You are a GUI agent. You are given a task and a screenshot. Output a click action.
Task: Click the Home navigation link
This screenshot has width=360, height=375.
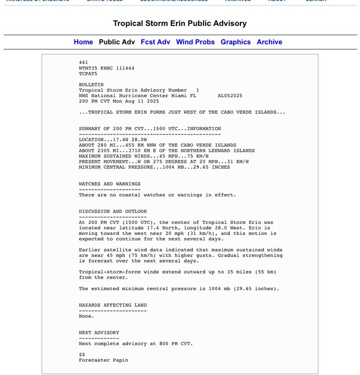click(83, 42)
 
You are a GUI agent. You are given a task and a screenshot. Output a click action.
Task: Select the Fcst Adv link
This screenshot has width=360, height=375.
click(155, 42)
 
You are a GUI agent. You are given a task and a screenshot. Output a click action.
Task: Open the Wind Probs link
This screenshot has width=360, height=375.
click(195, 42)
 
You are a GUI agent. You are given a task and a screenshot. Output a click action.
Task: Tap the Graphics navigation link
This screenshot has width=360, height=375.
click(235, 42)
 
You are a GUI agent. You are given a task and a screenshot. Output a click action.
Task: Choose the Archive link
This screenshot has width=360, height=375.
click(270, 42)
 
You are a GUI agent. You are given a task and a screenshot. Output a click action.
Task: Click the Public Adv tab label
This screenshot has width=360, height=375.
click(117, 42)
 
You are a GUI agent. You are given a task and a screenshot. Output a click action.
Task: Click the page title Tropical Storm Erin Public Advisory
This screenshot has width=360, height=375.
click(180, 24)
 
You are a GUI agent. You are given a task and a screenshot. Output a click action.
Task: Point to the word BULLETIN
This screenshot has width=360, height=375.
click(91, 84)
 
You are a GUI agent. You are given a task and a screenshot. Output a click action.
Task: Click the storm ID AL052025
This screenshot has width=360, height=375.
click(230, 95)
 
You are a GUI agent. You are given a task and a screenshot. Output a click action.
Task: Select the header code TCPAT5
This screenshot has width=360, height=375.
click(88, 73)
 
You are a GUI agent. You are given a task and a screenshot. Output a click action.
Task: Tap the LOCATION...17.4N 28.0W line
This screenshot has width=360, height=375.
click(109, 140)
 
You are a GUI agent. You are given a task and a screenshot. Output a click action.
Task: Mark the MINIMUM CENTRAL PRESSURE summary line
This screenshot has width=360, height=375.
click(154, 167)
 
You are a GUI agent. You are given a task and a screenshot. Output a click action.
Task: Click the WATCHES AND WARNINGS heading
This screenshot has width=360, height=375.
click(110, 184)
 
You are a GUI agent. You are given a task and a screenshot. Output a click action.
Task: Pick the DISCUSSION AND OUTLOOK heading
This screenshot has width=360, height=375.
click(113, 211)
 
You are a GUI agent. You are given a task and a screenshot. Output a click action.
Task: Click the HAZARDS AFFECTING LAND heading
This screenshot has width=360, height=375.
click(113, 305)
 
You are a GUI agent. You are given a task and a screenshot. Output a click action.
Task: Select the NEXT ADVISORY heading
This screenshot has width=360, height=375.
click(99, 333)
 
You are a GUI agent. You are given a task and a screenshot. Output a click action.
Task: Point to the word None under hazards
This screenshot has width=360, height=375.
click(87, 316)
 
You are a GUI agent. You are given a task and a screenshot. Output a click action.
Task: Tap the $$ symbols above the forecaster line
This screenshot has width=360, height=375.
click(82, 355)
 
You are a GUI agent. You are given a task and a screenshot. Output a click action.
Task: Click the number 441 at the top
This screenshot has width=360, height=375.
click(83, 62)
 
